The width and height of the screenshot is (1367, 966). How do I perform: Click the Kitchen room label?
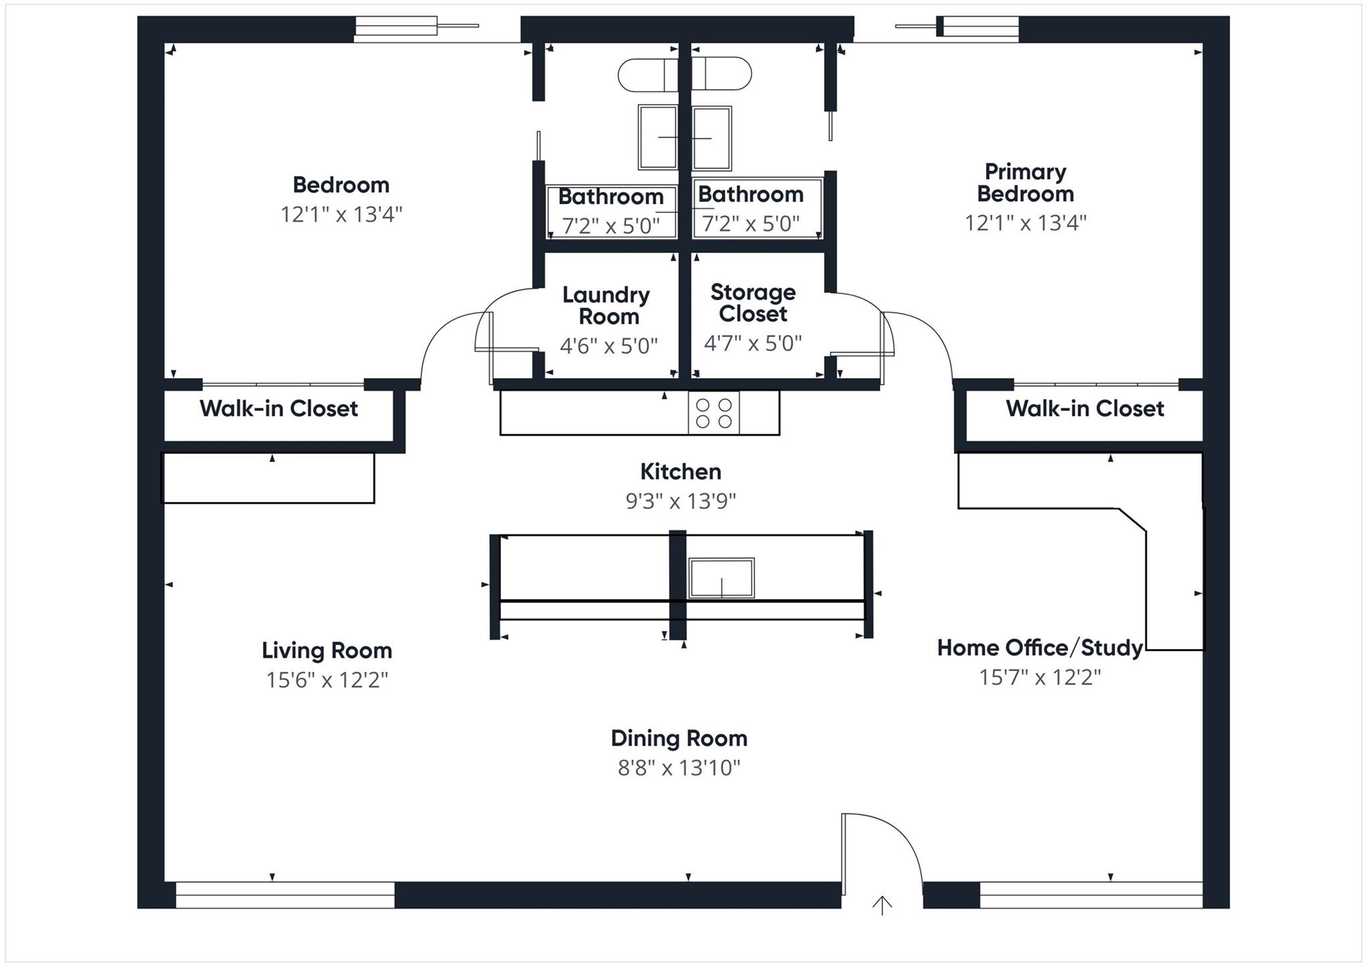click(x=680, y=472)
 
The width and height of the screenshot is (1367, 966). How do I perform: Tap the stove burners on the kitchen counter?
click(x=714, y=413)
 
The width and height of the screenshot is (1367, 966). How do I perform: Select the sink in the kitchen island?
click(x=721, y=578)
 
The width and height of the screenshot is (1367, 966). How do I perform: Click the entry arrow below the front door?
click(x=882, y=905)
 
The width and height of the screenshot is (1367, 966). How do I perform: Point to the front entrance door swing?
click(x=882, y=847)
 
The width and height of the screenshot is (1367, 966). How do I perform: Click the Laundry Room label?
click(x=606, y=306)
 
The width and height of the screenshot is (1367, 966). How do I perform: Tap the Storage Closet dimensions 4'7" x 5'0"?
click(x=753, y=344)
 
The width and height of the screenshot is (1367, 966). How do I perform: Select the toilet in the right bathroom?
click(x=724, y=73)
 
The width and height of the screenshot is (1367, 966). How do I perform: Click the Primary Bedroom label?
click(x=1025, y=183)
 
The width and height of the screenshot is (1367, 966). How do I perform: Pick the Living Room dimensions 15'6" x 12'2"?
click(x=326, y=680)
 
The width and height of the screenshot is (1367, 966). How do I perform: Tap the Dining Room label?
click(x=679, y=739)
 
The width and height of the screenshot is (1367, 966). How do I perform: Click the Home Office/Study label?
click(x=1039, y=648)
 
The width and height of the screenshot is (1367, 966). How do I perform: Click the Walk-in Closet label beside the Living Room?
click(x=278, y=408)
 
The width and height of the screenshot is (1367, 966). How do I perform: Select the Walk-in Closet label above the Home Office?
click(x=1085, y=408)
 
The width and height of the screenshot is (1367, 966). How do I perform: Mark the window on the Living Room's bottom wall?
click(x=285, y=895)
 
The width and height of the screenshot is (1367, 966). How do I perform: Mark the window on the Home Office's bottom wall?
click(x=1091, y=895)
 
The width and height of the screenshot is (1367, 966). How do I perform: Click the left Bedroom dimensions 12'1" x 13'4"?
click(x=341, y=215)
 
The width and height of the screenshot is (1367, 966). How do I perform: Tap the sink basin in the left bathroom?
click(x=657, y=137)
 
